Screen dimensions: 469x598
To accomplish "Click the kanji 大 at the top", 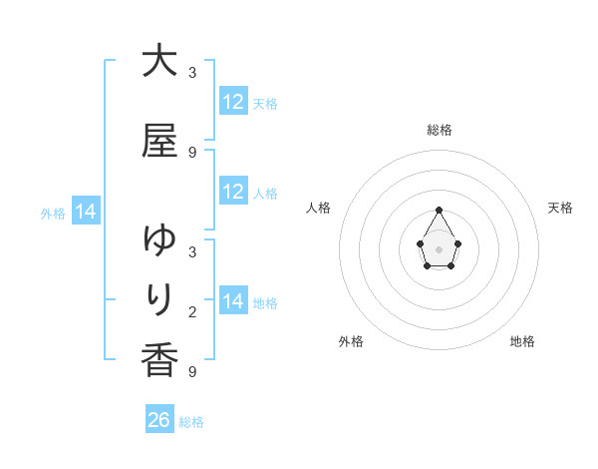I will tap(159, 61).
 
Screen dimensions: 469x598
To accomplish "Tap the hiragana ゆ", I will tap(159, 240).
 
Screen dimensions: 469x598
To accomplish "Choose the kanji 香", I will tap(159, 359).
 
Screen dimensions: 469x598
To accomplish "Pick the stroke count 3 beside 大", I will tap(192, 73).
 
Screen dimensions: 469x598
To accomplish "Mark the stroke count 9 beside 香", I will tap(192, 372).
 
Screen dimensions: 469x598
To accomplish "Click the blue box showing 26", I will tap(159, 420).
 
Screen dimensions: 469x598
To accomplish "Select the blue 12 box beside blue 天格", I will tap(233, 102).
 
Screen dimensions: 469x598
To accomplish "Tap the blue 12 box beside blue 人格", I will tap(233, 192).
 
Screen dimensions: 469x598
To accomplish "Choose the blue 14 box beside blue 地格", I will tap(233, 301).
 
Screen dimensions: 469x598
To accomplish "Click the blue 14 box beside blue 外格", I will tap(86, 212).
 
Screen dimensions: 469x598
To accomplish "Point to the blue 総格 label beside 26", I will tap(191, 422).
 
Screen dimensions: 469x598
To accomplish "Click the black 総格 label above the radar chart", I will tap(440, 130).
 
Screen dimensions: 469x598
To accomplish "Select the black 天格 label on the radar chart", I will tap(561, 208).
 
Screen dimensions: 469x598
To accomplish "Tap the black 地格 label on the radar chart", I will tap(522, 341).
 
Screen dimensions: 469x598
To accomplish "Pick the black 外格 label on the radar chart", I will tap(351, 341).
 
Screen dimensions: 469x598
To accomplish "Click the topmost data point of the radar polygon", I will tap(440, 210).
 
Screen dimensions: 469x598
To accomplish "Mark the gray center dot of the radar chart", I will tap(440, 247).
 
